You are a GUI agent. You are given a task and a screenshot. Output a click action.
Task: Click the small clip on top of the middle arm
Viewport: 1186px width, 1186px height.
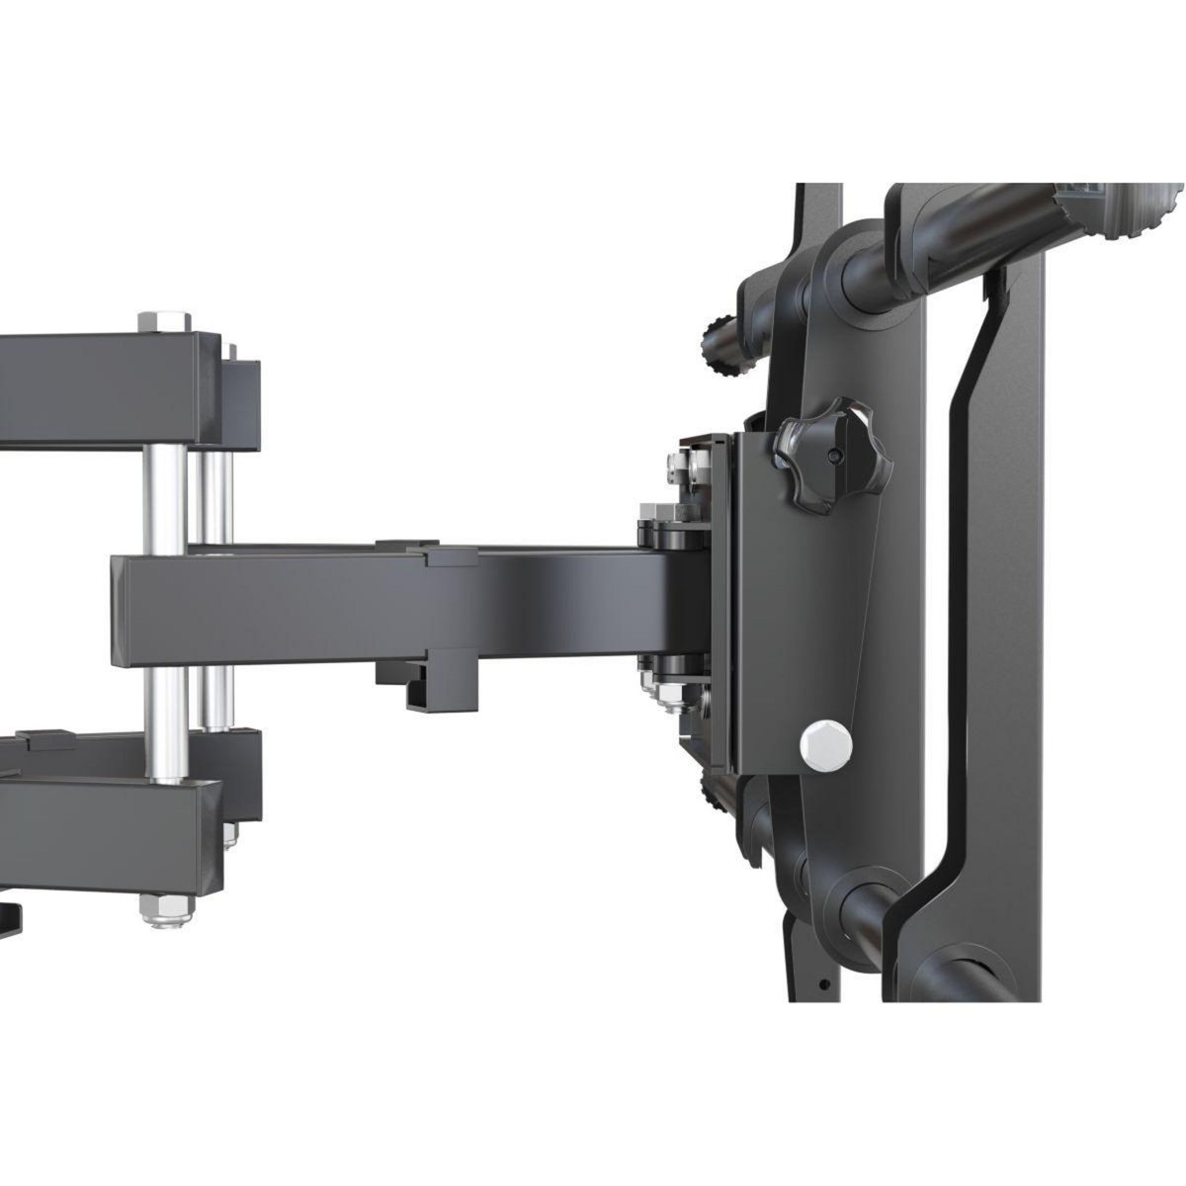[x=407, y=544]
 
